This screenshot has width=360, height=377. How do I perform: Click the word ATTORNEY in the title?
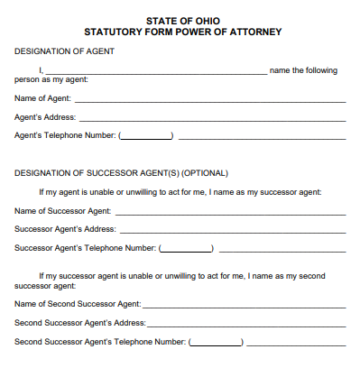pos(257,32)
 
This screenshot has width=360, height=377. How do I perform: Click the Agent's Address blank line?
pos(212,118)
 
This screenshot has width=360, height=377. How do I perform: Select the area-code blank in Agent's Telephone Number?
pos(147,137)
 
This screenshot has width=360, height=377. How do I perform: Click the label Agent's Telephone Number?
pos(65,135)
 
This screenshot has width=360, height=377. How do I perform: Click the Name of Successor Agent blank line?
pos(230,212)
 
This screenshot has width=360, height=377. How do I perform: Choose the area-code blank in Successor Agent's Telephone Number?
pos(187,249)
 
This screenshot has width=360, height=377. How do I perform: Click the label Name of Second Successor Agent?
pos(78,304)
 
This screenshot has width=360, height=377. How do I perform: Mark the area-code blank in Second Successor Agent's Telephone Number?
pos(217,343)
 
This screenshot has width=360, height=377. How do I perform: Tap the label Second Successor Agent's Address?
pos(79,322)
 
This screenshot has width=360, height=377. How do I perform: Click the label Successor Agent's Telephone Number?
pos(86,247)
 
